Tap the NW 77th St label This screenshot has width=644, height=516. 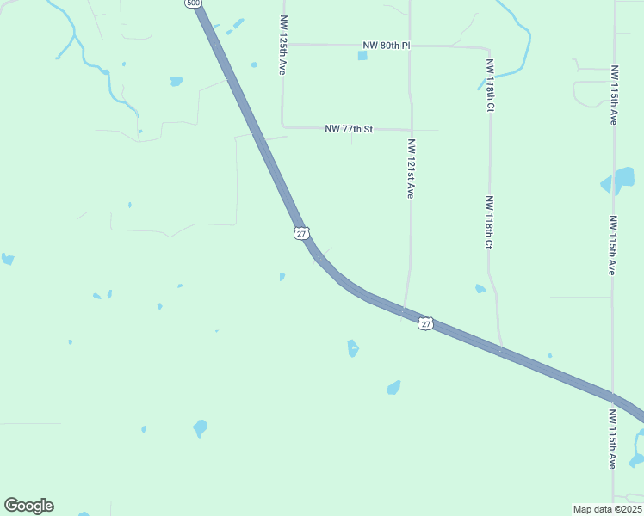click(349, 129)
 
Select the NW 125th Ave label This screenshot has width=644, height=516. click(282, 44)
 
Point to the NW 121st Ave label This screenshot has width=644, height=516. click(412, 169)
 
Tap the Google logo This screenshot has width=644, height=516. click(28, 506)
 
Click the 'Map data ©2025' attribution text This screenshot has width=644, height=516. click(607, 509)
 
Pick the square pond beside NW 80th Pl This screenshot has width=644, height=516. click(362, 56)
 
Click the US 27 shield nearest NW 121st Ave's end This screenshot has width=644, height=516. click(425, 323)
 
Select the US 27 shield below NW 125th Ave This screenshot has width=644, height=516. click(300, 233)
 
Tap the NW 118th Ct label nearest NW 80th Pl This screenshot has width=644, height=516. click(490, 86)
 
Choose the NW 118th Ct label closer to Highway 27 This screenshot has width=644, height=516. click(489, 223)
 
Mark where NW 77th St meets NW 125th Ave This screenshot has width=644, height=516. click(283, 127)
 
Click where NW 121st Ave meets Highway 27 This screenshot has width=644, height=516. click(403, 313)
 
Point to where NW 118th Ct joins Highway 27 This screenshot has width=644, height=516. click(501, 351)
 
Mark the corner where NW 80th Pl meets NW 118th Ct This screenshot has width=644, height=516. click(489, 48)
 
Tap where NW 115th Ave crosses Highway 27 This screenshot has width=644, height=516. click(613, 396)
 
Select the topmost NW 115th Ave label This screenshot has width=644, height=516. click(614, 95)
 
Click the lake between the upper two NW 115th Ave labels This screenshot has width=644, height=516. click(617, 181)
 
